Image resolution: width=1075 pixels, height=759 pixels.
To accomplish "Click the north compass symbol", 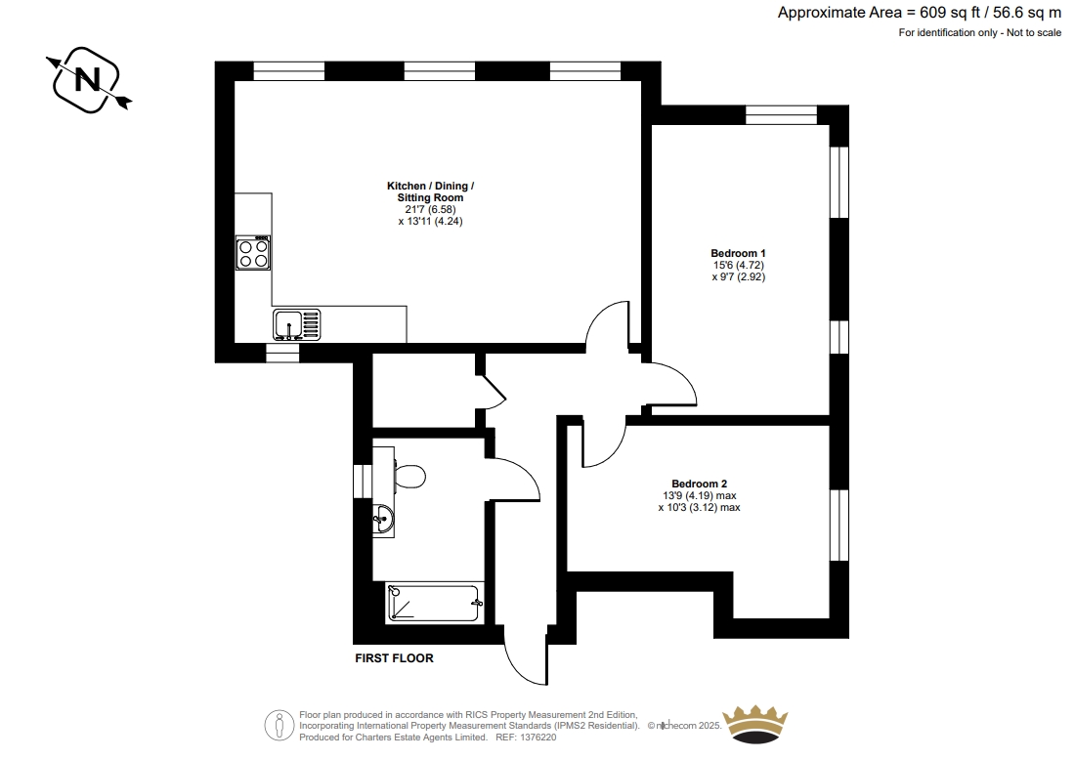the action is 88,80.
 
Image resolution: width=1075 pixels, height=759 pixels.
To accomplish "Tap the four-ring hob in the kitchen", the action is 253,253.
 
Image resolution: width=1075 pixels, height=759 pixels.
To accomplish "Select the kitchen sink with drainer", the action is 297,324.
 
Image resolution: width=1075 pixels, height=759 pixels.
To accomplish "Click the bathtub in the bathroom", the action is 433,603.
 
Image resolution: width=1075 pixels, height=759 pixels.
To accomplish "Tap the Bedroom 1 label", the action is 739,253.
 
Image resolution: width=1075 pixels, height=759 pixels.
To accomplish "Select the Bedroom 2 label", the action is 700,485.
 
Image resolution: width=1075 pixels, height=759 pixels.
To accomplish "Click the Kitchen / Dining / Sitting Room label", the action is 431,191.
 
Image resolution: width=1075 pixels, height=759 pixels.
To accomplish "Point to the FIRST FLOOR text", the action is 394,658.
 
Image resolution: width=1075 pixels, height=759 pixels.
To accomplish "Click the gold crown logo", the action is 755,724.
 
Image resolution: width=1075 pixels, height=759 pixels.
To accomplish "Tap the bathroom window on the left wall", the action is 363,482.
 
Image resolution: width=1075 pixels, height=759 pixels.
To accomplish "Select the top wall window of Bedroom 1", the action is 782,114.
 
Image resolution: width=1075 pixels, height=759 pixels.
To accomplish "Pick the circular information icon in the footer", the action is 279,726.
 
